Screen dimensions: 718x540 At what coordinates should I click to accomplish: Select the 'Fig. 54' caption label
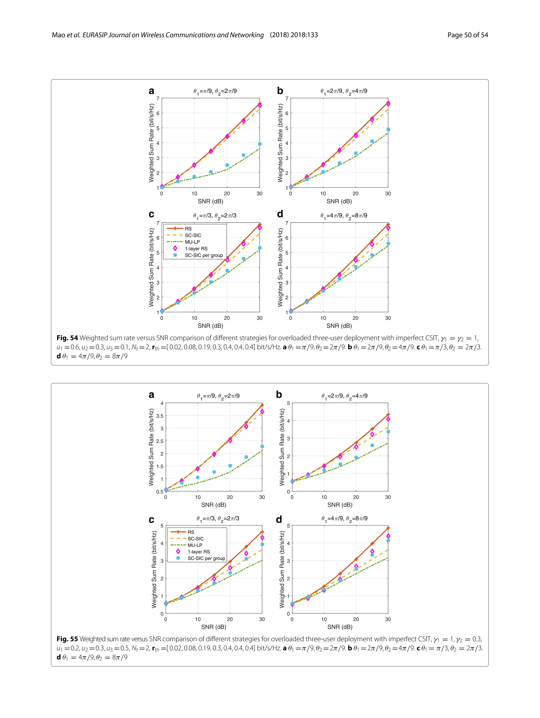pyautogui.click(x=67, y=338)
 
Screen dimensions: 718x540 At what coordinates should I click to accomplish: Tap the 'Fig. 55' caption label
pyautogui.click(x=67, y=639)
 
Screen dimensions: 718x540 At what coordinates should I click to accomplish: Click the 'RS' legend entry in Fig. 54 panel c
pyautogui.click(x=188, y=229)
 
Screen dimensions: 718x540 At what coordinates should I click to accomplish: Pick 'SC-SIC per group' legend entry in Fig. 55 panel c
pyautogui.click(x=206, y=558)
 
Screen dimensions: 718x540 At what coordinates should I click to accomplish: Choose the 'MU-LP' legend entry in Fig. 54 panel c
pyautogui.click(x=192, y=242)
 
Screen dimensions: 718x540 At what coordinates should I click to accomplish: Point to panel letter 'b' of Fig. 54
pyautogui.click(x=280, y=91)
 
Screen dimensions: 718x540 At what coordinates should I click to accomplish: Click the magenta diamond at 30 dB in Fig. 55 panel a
pyautogui.click(x=262, y=412)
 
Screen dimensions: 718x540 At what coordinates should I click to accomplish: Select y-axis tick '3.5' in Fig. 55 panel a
pyautogui.click(x=160, y=416)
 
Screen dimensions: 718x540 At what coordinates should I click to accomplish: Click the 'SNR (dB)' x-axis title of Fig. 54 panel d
pyautogui.click(x=339, y=326)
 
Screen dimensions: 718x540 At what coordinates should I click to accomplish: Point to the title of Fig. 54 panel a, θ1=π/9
pyautogui.click(x=215, y=91)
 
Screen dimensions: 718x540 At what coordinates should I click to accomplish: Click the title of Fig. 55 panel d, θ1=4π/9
pyautogui.click(x=344, y=518)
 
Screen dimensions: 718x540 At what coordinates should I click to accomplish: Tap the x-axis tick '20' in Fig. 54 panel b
pyautogui.click(x=356, y=194)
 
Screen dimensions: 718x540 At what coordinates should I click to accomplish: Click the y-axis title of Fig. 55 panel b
pyautogui.click(x=282, y=447)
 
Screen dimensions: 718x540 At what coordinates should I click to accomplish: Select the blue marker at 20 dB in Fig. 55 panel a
pyautogui.click(x=230, y=465)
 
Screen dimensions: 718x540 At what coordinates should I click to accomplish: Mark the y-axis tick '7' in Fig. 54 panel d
pyautogui.click(x=287, y=223)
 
